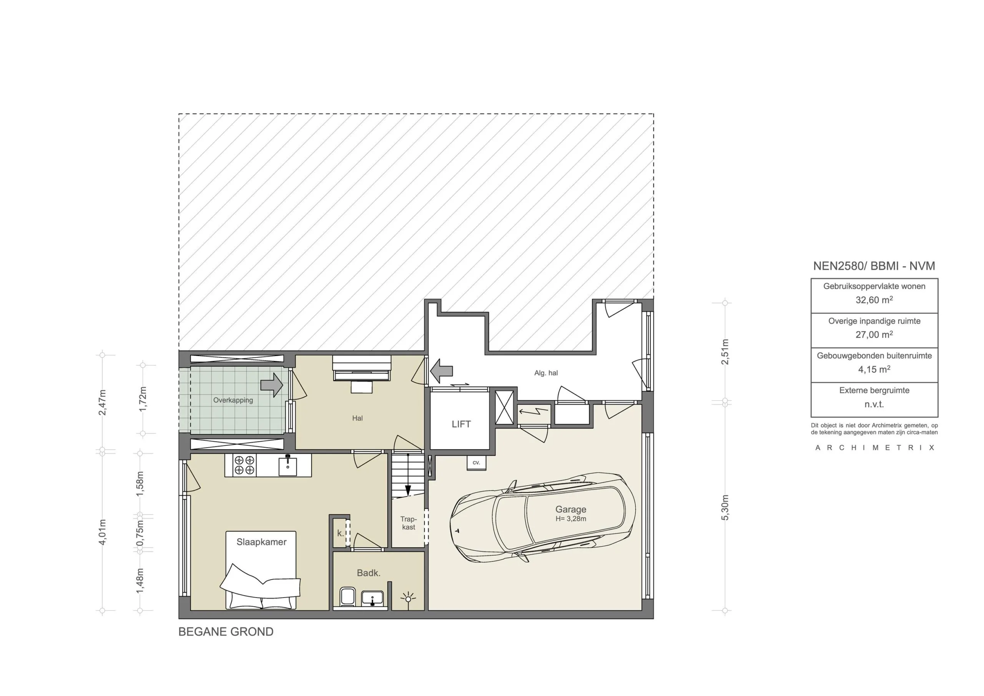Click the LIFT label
(461, 424)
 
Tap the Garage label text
(570, 510)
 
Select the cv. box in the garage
(476, 463)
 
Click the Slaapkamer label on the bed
(261, 542)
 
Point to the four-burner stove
(244, 465)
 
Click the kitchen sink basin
(288, 466)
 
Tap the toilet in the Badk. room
(347, 597)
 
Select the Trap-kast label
(409, 523)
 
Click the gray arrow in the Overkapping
(272, 385)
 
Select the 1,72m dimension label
(143, 399)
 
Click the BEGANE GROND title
(226, 632)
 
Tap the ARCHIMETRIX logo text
(874, 448)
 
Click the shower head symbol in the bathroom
(408, 598)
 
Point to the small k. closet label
(340, 533)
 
